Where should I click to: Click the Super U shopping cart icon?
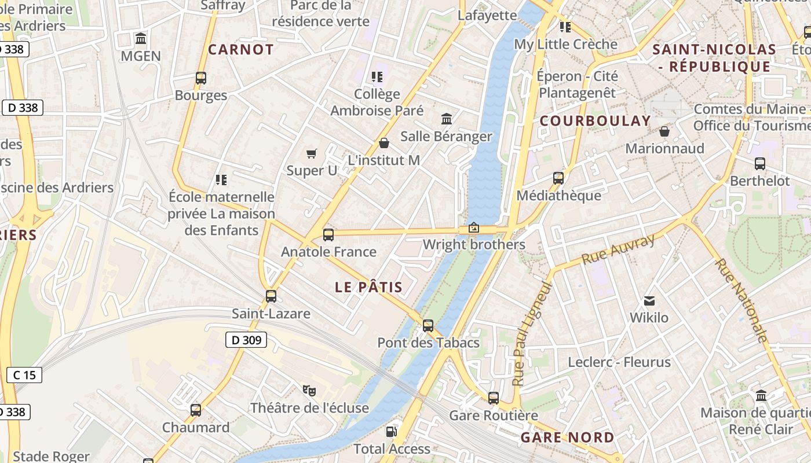pos(312,153)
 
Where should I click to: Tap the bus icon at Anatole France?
pos(328,234)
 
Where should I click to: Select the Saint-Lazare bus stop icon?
pos(271,296)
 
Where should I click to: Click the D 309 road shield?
pos(246,340)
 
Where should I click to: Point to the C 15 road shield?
pos(24,374)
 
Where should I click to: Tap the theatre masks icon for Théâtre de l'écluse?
pos(309,391)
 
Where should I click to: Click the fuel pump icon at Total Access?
pos(392,431)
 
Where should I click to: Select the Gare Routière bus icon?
pos(494,398)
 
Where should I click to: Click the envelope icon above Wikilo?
pos(649,300)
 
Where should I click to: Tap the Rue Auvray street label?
pos(618,249)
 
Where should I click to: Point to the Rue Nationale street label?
pos(741,300)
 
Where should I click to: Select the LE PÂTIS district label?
pos(368,287)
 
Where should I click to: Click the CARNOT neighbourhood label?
pos(241,50)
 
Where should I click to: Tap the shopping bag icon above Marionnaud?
pos(664,131)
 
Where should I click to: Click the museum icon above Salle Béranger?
pos(447,119)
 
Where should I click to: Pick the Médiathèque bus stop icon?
pos(558,178)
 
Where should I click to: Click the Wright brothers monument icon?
pos(474,227)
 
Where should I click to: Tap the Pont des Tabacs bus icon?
pos(428,326)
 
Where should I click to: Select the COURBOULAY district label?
pos(596,121)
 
